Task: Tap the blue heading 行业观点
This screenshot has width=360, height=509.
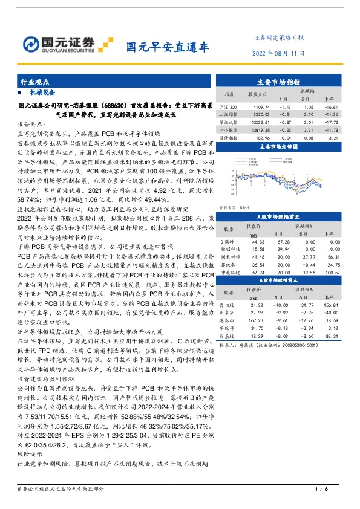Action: (33, 81)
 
